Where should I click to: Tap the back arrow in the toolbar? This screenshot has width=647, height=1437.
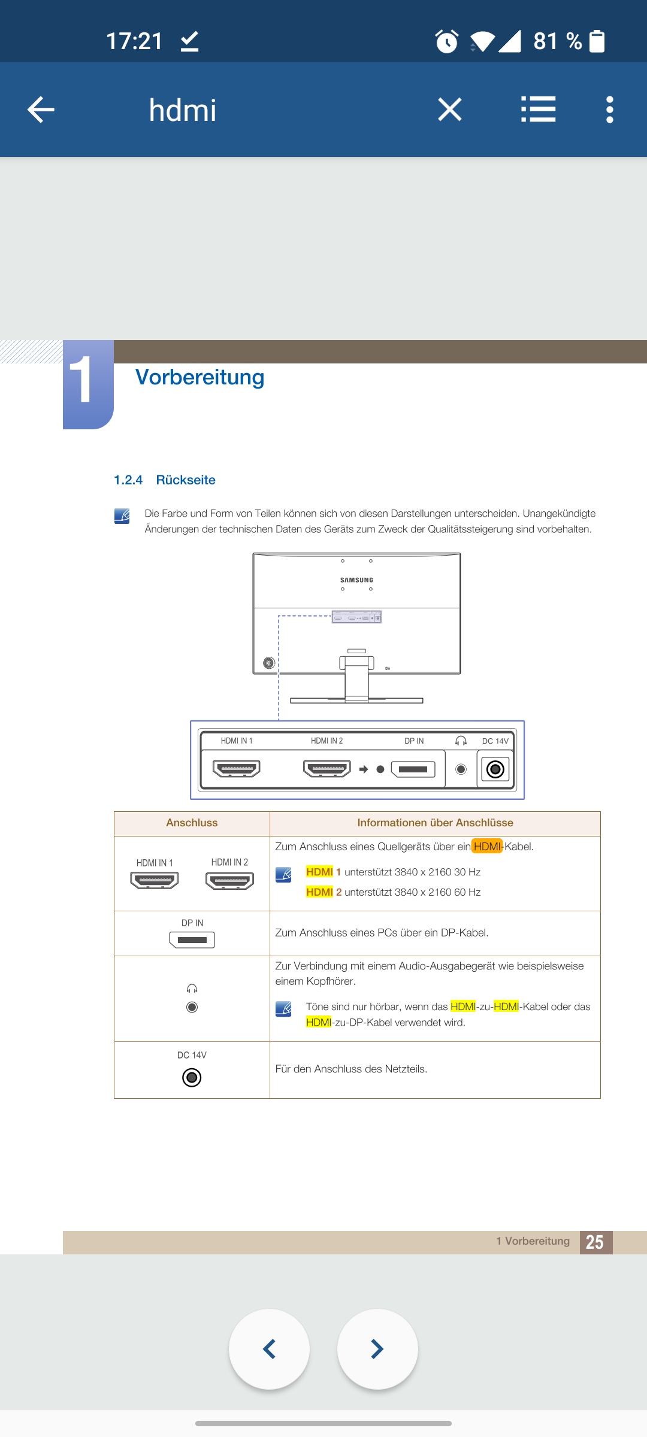(x=41, y=110)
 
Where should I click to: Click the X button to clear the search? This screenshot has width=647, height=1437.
(x=449, y=110)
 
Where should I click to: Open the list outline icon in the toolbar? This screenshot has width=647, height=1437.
(x=538, y=110)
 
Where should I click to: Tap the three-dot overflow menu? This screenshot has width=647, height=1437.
(x=609, y=110)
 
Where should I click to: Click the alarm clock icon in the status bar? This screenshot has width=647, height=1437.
(x=447, y=41)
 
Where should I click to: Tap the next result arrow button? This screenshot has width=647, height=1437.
(x=377, y=1349)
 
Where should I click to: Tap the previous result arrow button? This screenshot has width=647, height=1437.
(x=270, y=1349)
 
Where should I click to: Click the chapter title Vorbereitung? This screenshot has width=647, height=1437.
(x=199, y=377)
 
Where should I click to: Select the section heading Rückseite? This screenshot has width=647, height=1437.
(x=185, y=480)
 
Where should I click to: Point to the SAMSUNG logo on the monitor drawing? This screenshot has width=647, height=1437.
(x=356, y=580)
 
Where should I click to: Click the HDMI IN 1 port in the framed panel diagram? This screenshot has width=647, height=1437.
(x=237, y=769)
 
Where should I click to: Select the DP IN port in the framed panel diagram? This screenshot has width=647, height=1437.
(x=413, y=769)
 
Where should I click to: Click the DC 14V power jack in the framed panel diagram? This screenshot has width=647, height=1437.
(x=495, y=769)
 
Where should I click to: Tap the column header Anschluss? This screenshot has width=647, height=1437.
(x=192, y=823)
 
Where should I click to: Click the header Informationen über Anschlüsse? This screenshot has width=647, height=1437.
(x=435, y=823)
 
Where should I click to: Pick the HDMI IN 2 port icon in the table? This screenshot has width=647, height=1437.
(x=229, y=881)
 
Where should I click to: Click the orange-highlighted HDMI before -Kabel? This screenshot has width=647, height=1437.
(x=486, y=846)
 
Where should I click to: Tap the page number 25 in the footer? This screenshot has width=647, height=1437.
(x=595, y=1242)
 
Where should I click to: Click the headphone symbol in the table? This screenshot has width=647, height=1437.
(x=192, y=989)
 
